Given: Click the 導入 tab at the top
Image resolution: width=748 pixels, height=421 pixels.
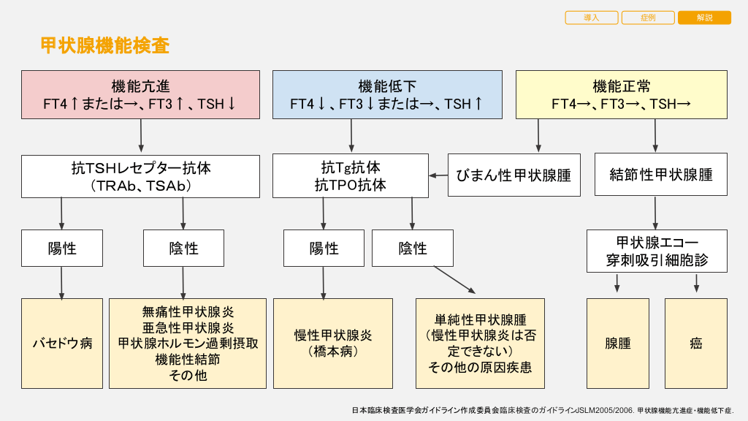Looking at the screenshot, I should [591, 18].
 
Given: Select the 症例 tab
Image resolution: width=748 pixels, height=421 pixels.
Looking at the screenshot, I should [648, 18].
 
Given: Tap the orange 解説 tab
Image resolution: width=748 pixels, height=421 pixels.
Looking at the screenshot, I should [704, 18].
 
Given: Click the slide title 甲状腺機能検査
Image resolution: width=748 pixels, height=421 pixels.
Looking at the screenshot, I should [105, 46].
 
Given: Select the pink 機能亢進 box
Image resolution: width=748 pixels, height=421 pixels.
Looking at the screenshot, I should [140, 94].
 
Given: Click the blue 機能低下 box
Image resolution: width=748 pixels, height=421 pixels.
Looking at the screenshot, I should [387, 94].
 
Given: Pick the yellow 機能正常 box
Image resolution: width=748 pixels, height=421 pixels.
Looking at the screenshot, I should [622, 94].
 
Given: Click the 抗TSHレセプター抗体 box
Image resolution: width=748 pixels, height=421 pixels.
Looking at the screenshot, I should [140, 175].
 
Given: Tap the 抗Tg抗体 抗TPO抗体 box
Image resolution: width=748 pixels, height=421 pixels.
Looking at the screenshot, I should [351, 175].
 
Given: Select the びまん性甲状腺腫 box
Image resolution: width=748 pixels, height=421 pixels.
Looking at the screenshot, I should [514, 175].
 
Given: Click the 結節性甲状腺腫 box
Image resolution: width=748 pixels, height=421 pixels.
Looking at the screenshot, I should [661, 175].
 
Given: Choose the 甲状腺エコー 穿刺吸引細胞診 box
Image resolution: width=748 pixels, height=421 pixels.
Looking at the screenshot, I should [657, 251].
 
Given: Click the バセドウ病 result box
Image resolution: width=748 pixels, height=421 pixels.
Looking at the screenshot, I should [62, 343].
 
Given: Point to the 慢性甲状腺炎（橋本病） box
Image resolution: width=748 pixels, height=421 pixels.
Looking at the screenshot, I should [333, 343].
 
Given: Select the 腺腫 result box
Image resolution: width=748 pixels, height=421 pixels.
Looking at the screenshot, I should [618, 343].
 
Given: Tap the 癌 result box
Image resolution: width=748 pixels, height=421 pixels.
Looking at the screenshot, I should [695, 343].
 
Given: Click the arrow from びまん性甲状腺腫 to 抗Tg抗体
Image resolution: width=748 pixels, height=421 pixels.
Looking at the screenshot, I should [438, 175].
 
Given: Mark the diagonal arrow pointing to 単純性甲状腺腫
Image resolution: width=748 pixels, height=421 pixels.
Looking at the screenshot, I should [454, 280].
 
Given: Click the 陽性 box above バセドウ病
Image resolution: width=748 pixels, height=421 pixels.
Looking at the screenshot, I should [62, 248].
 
